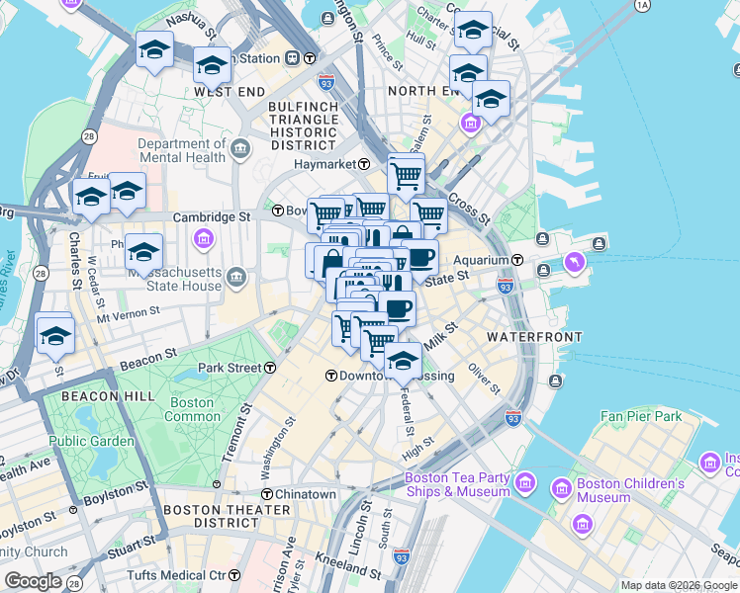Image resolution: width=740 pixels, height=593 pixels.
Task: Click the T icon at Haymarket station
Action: click(x=364, y=164)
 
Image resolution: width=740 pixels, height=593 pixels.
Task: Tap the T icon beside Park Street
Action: click(x=270, y=368)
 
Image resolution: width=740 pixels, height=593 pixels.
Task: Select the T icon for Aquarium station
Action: click(x=517, y=260)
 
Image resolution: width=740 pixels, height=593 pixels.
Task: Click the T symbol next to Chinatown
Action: click(x=266, y=494)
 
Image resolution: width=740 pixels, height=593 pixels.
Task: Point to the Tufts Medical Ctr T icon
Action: click(x=234, y=575)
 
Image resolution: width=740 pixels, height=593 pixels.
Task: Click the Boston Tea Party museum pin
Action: click(x=525, y=485)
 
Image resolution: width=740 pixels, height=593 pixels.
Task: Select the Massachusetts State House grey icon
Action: click(x=235, y=276)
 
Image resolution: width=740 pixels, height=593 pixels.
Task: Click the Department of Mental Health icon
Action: click(x=242, y=150)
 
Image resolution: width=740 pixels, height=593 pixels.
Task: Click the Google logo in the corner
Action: click(x=33, y=581)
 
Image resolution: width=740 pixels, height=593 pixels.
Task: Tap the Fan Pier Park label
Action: click(x=641, y=416)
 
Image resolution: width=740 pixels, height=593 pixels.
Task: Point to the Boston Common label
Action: click(x=191, y=409)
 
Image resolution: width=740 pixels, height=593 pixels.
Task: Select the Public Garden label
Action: click(x=91, y=441)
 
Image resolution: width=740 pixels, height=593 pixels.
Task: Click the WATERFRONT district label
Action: click(x=534, y=337)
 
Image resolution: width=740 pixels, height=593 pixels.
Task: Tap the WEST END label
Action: click(x=230, y=91)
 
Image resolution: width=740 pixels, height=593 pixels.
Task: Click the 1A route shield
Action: click(x=642, y=6)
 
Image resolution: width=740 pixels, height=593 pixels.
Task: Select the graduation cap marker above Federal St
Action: click(x=403, y=361)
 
